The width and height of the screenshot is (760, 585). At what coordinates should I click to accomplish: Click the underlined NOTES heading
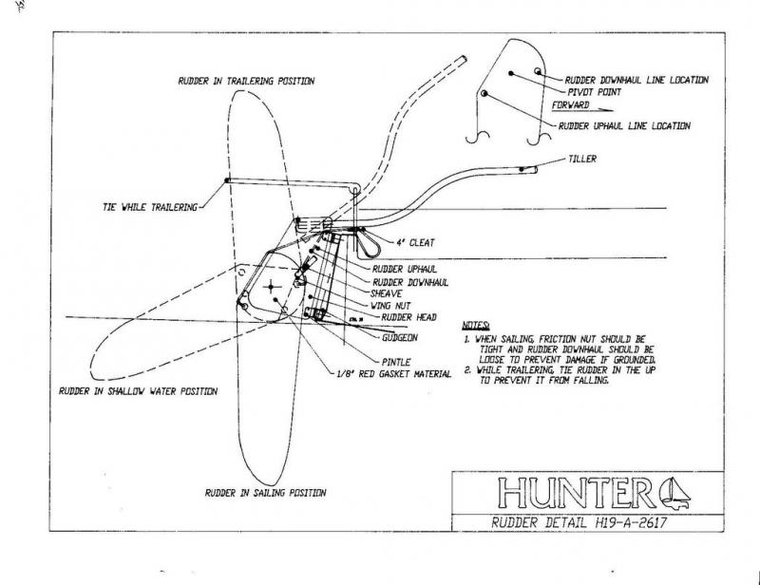coord(477,325)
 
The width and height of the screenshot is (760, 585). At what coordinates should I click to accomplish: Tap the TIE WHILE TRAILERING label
coord(148,205)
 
